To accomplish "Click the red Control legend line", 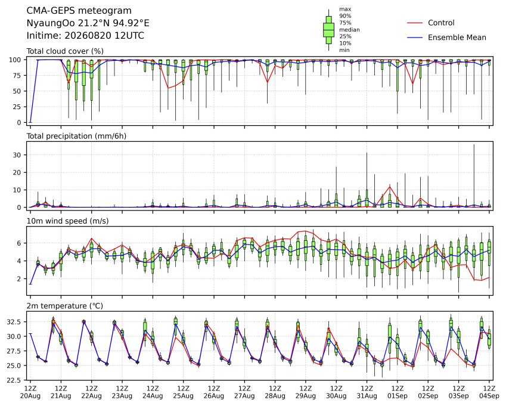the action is point(415,23).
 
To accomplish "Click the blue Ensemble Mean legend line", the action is point(415,38).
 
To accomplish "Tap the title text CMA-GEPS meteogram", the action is point(79,11).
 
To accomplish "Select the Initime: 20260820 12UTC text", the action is point(85,36).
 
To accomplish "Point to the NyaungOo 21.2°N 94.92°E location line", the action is point(88,23).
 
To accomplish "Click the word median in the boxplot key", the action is point(349,30).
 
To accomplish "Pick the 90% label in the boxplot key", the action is point(345,16).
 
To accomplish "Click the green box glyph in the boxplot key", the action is point(329,30).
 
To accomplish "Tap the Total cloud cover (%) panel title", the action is point(65,51).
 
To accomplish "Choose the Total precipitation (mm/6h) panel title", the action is point(76,136).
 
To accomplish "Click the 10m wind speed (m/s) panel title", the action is point(67,221).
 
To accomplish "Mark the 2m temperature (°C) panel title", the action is point(64,306).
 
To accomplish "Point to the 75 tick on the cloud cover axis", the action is point(17,76).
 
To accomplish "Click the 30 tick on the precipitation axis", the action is point(17,155).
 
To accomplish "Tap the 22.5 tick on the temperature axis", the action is point(14,380).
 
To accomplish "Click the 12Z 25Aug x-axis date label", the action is point(184,392).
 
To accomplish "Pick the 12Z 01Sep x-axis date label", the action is point(398,392).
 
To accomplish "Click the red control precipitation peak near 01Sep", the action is point(390,187).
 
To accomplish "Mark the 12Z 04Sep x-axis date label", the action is point(489,392).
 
